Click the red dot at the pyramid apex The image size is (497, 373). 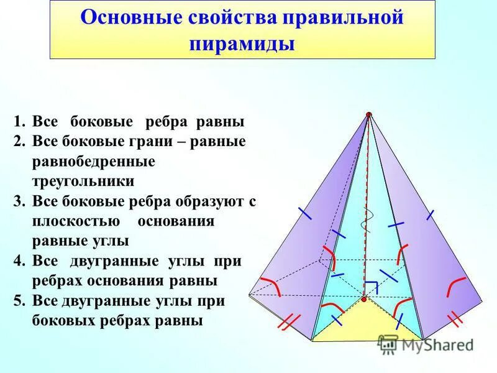(369, 114)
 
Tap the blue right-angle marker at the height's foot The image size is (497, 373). (372, 287)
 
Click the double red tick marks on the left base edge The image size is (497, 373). (289, 322)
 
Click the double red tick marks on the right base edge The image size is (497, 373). (455, 319)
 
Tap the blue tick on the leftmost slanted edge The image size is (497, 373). (304, 213)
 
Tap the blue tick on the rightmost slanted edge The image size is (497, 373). (429, 214)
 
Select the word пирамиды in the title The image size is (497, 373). (242, 45)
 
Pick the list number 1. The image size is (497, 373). (19, 121)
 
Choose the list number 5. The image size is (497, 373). (19, 301)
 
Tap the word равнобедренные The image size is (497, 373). (93, 161)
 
